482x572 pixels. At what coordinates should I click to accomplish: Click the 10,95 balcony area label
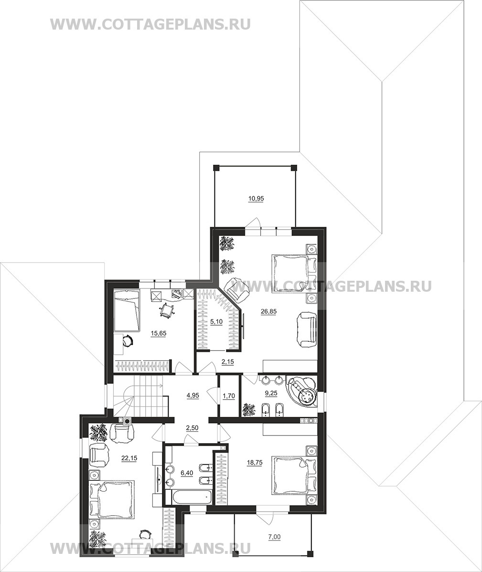coord(256,199)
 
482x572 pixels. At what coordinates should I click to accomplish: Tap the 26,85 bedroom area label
coord(268,311)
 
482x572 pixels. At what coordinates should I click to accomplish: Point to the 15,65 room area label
coord(158,333)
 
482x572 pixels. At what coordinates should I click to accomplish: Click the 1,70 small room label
coord(228,395)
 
